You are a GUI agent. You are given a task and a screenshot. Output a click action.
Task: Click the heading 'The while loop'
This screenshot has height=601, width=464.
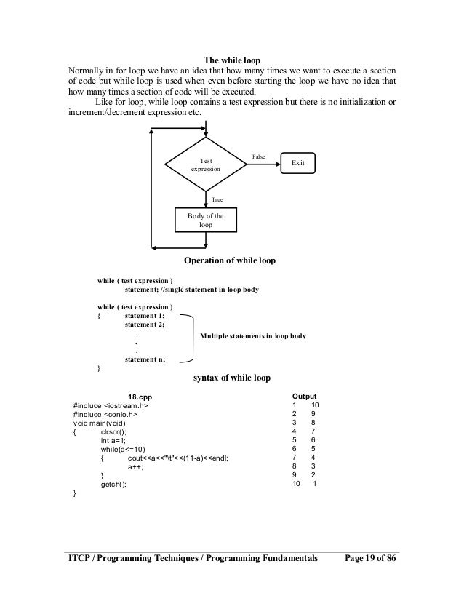pos(232,60)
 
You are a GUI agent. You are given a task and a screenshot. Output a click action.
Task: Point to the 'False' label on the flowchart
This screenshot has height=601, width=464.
pos(258,156)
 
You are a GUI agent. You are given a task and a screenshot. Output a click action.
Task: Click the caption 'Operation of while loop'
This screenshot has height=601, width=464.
pos(231,260)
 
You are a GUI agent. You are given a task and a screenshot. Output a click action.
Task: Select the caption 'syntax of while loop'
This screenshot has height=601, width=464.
pos(231,378)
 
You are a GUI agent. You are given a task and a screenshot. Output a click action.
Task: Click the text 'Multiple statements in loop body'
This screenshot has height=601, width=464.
pos(252,336)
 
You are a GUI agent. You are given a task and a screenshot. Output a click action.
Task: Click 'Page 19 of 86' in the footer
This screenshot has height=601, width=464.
pos(375,558)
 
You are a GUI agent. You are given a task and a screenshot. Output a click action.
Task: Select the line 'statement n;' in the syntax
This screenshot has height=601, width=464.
pos(145,359)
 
